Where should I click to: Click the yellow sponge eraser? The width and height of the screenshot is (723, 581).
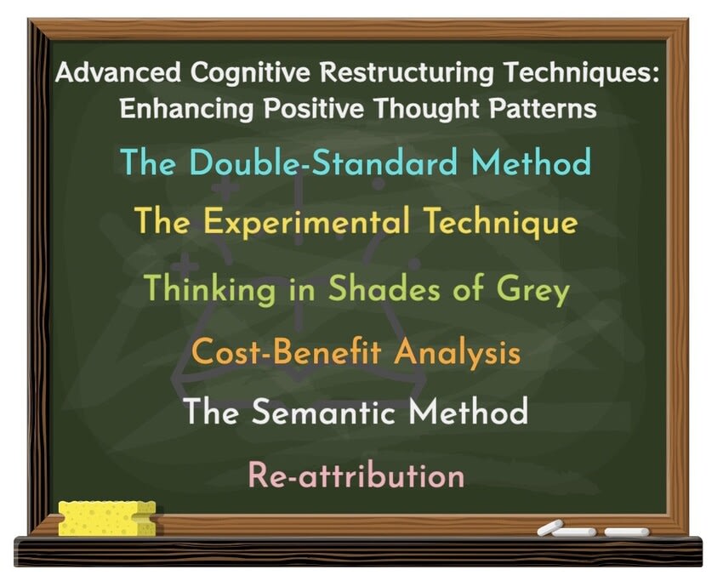point(107,518)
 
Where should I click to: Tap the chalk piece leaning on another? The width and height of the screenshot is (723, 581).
point(550,527)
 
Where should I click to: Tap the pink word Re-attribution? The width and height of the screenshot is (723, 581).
point(356,475)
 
